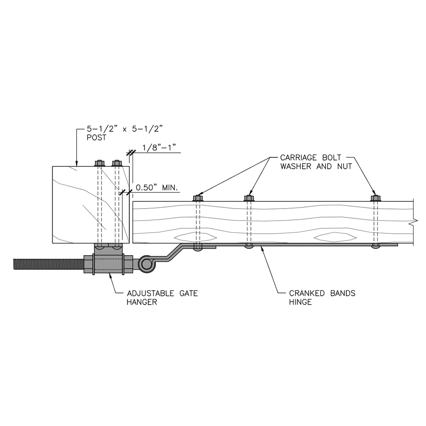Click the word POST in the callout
coord(96,138)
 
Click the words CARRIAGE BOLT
coord(310,158)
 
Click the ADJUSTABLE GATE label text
coord(162,293)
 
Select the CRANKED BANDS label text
coord(322,293)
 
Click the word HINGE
coord(300,302)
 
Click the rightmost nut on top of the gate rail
coord(376,198)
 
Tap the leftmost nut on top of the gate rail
coord(198,198)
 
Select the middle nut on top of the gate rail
coord(249,198)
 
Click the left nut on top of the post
coord(100,163)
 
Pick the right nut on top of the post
coord(117,163)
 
